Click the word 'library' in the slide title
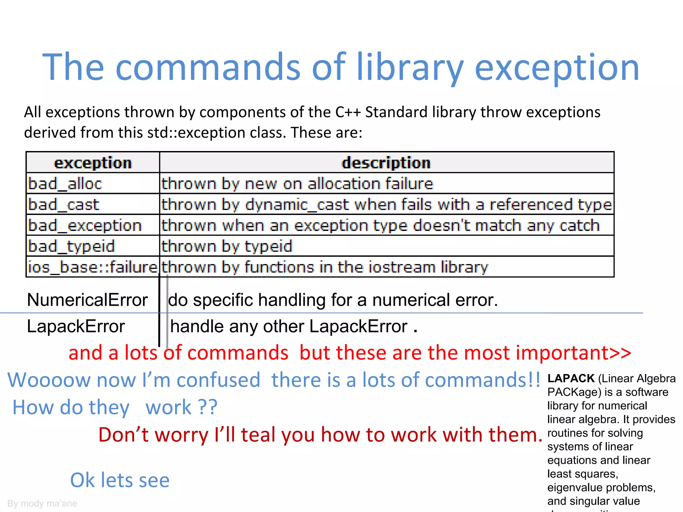[x=410, y=68]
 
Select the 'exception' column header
[x=93, y=163]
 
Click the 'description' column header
[x=386, y=163]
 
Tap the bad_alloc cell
[x=65, y=184]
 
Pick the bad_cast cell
[x=64, y=204]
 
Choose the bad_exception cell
[x=85, y=225]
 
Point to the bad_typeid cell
[x=72, y=246]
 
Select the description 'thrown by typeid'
[x=227, y=246]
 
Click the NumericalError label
[x=87, y=300]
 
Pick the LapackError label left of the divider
[x=76, y=326]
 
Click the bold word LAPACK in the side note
[x=571, y=378]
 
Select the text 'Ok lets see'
[x=120, y=480]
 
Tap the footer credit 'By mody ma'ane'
[x=42, y=503]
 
